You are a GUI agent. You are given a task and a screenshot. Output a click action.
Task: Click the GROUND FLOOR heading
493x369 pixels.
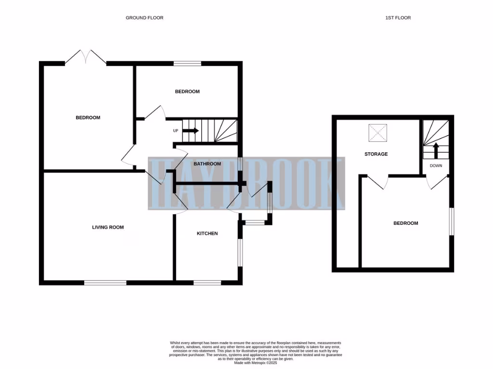(144, 18)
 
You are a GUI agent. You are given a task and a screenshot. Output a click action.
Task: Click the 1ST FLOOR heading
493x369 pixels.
(398, 18)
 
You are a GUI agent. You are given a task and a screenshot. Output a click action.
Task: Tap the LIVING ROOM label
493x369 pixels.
(108, 227)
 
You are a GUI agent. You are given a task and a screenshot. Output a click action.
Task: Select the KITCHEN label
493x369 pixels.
(207, 234)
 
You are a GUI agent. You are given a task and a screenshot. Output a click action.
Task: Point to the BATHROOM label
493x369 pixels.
(207, 164)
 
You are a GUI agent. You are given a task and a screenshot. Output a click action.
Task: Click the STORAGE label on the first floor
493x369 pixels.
(376, 154)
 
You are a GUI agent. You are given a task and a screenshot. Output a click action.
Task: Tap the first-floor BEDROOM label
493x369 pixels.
(405, 223)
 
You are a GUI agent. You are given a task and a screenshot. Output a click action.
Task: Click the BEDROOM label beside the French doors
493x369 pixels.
(88, 118)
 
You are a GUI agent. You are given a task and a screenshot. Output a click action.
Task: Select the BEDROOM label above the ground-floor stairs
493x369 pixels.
(187, 91)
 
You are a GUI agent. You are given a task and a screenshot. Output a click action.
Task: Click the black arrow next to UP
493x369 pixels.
(190, 130)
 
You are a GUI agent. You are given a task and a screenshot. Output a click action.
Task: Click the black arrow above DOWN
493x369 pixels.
(436, 150)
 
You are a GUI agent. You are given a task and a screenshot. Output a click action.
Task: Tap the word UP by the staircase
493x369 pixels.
(176, 131)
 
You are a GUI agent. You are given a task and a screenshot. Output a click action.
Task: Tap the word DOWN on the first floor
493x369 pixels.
(436, 166)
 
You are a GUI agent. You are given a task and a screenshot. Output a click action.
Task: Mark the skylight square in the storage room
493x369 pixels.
(377, 133)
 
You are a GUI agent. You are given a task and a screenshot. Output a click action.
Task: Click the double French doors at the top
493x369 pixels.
(86, 57)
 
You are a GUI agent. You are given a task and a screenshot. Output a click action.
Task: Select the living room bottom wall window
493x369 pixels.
(105, 283)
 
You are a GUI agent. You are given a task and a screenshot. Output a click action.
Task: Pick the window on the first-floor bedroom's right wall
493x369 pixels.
(451, 221)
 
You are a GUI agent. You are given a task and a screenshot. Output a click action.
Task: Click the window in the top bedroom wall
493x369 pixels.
(187, 63)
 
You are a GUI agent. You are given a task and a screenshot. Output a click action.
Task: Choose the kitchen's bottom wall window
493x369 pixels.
(207, 283)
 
